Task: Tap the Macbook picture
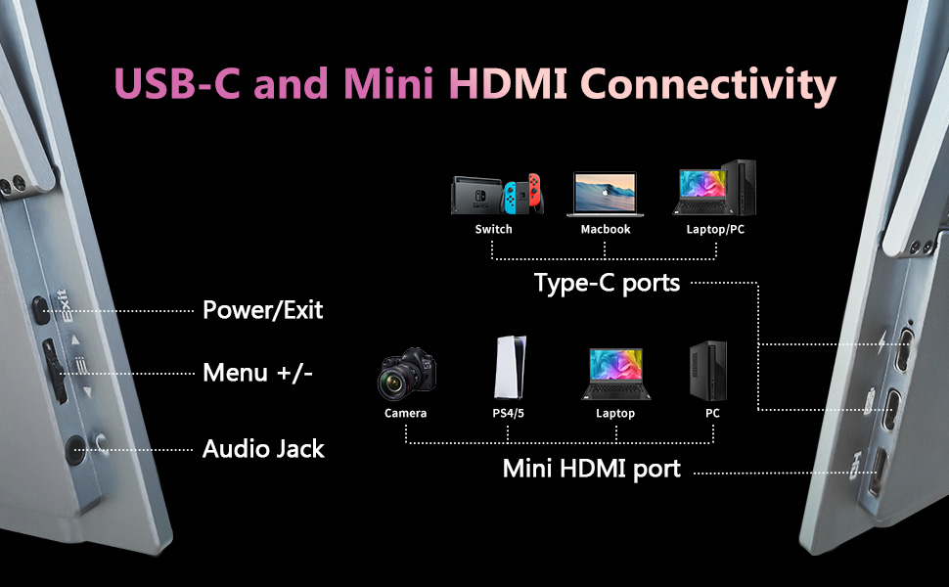pyautogui.click(x=605, y=195)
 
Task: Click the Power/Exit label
pyautogui.click(x=262, y=311)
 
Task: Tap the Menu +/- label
pyautogui.click(x=257, y=373)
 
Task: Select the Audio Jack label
pyautogui.click(x=263, y=449)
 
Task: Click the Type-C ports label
pyautogui.click(x=607, y=284)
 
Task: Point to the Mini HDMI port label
pyautogui.click(x=591, y=469)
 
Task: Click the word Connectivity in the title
pyautogui.click(x=711, y=84)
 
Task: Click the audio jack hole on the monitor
pyautogui.click(x=74, y=449)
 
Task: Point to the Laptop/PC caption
pyautogui.click(x=716, y=229)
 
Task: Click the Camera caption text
pyautogui.click(x=405, y=414)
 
